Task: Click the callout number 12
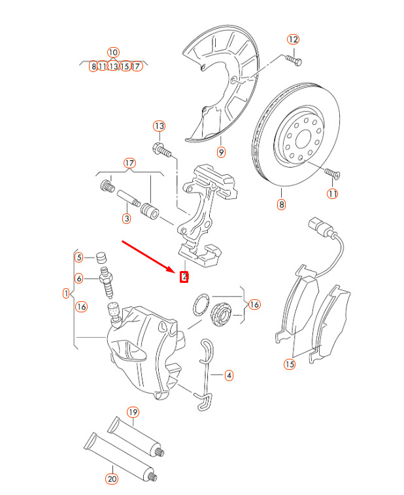tap(293, 39)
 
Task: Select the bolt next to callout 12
tap(294, 60)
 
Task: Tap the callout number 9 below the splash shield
tap(221, 152)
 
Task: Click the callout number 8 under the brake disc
tap(281, 204)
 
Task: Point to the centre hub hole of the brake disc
tap(303, 139)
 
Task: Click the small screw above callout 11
tap(333, 174)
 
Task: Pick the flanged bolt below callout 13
tap(162, 150)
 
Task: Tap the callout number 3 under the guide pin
tap(126, 218)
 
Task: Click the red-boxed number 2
tap(184, 277)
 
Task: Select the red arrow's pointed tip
tap(175, 272)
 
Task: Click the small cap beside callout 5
tap(101, 257)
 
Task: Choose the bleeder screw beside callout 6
tap(107, 282)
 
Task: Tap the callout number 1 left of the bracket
tap(66, 293)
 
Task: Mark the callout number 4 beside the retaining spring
tap(229, 375)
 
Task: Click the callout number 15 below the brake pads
tap(290, 364)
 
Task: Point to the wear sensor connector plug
tap(320, 227)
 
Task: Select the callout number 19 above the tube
tap(133, 412)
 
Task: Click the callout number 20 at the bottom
tap(112, 479)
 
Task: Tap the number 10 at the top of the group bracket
tap(113, 52)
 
